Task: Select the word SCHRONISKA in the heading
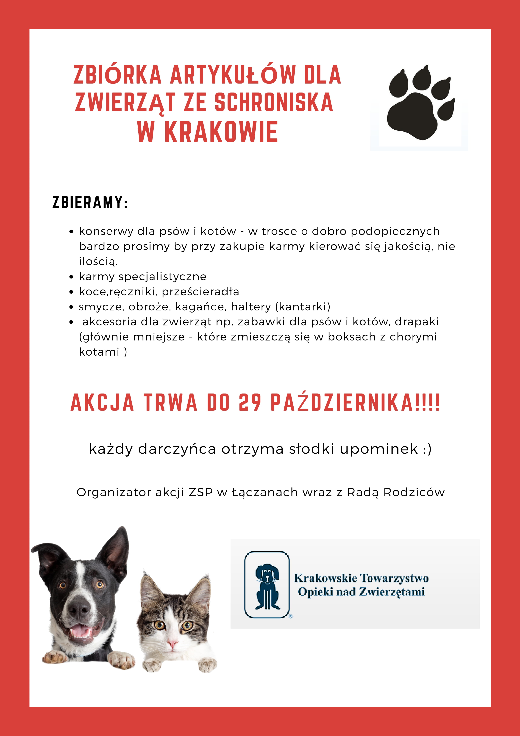pyautogui.click(x=274, y=103)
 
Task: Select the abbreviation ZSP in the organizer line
pyautogui.click(x=201, y=492)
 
